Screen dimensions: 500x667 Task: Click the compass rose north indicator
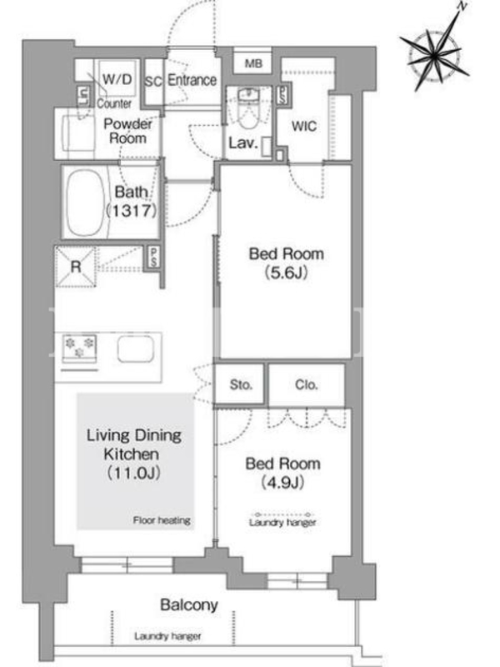[462, 6]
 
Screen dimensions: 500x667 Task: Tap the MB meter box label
[253, 64]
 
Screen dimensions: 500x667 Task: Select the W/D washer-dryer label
[117, 79]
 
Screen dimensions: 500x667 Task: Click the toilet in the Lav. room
[247, 108]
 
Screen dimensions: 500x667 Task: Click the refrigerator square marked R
[76, 267]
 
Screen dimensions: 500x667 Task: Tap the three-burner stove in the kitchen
[79, 348]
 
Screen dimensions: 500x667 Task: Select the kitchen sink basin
[135, 349]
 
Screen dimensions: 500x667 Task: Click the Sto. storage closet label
[241, 385]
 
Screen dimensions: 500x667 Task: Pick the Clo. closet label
[306, 385]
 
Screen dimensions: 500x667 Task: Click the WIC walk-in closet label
[304, 127]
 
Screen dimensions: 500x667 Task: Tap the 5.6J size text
[286, 273]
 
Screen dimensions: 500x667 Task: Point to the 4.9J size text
[282, 483]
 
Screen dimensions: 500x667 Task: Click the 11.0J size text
[133, 473]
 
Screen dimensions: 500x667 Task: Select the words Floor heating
[162, 520]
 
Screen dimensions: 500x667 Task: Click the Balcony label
[189, 604]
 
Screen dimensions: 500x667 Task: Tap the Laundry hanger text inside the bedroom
[282, 523]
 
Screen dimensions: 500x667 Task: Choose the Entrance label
[192, 80]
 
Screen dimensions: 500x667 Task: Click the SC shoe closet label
[153, 81]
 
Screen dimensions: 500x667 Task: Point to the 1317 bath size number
[131, 210]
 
